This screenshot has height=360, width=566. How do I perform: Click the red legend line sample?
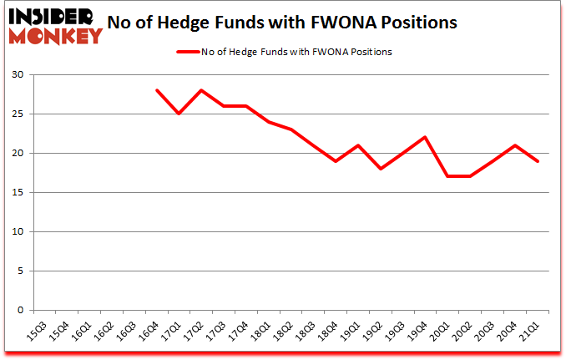pyautogui.click(x=187, y=52)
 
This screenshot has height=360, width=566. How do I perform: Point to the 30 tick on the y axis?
pyautogui.click(x=18, y=75)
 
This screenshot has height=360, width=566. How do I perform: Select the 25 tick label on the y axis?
pyautogui.click(x=18, y=114)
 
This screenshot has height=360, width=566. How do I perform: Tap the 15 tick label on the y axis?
pyautogui.click(x=18, y=193)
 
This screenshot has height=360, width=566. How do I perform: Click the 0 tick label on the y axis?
pyautogui.click(x=21, y=311)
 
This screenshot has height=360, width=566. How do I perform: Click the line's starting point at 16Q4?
pyautogui.click(x=156, y=90)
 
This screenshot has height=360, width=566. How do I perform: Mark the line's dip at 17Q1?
pyautogui.click(x=179, y=114)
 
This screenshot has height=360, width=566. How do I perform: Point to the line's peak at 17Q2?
pyautogui.click(x=201, y=90)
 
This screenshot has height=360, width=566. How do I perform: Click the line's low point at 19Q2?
pyautogui.click(x=381, y=169)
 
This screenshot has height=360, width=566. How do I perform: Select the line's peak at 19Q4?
pyautogui.click(x=426, y=137)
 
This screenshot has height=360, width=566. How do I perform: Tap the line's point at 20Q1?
pyautogui.click(x=448, y=176)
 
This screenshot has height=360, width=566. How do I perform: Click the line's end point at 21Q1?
pyautogui.click(x=538, y=161)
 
